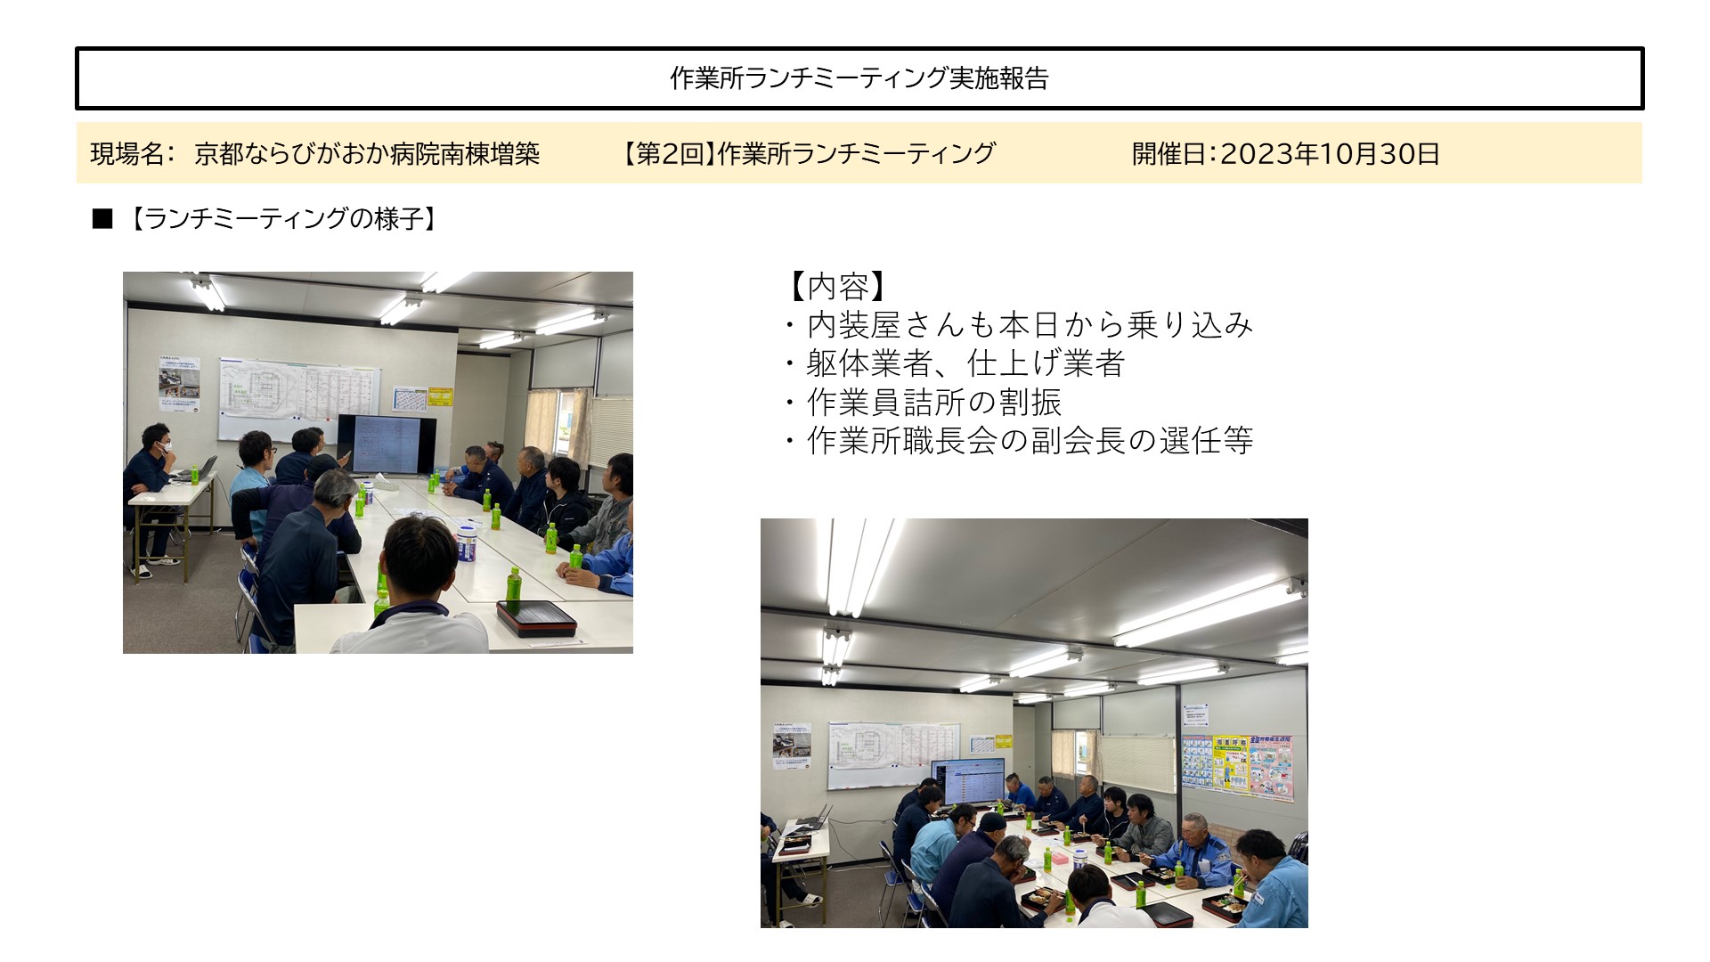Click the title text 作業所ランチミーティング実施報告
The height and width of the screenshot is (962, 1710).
click(859, 78)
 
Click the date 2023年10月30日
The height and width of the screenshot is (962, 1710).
click(1330, 153)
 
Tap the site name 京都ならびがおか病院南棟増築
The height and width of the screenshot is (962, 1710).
click(367, 153)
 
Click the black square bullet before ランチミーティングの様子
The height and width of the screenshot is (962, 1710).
click(102, 219)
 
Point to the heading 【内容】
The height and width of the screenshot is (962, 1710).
click(838, 287)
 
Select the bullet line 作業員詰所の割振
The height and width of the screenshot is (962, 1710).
click(934, 402)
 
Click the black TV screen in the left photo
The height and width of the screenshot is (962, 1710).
click(387, 444)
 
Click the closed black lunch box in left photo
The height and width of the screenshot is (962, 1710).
click(536, 617)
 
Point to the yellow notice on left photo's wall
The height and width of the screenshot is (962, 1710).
click(440, 396)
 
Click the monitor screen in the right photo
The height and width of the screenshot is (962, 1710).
click(967, 781)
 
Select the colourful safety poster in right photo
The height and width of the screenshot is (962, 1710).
click(1237, 765)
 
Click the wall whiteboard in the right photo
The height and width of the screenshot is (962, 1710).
click(894, 754)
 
